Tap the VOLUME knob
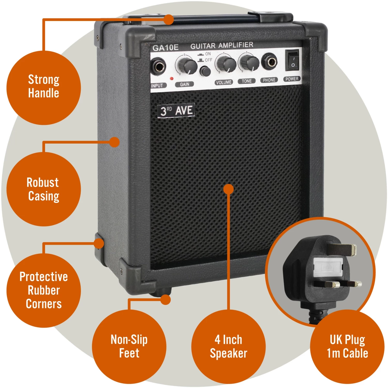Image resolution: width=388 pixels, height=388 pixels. [226, 64]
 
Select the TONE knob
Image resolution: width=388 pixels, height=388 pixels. [249, 62]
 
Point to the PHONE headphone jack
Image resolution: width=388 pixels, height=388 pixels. [269, 62]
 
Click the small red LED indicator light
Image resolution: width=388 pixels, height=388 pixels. [171, 78]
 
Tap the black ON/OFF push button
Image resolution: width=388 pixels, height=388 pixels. [205, 71]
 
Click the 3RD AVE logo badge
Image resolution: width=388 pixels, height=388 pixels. [176, 111]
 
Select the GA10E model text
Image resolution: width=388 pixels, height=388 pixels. [165, 48]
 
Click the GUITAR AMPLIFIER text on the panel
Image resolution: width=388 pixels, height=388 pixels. [222, 46]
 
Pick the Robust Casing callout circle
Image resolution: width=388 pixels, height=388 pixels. [43, 189]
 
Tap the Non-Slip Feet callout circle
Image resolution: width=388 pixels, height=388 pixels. [129, 346]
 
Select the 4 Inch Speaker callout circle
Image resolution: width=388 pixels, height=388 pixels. [228, 346]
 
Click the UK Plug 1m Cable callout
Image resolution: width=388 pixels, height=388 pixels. [347, 346]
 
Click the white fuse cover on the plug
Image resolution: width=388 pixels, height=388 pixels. [328, 267]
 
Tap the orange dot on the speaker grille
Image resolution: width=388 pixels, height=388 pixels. [228, 189]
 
